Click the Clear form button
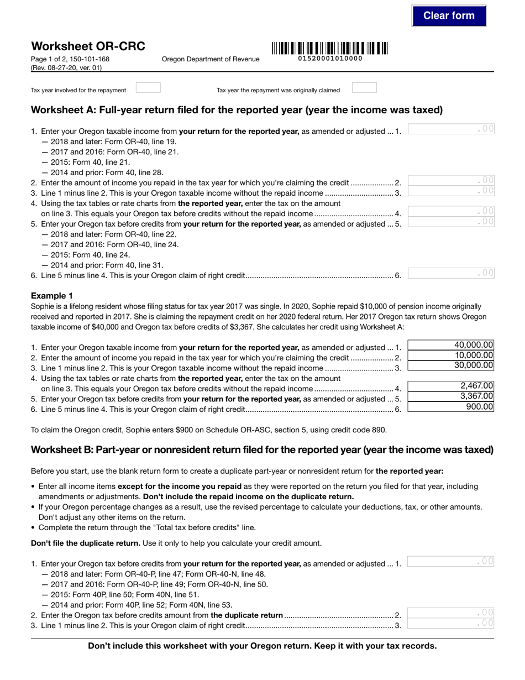(x=449, y=15)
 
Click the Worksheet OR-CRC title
(x=88, y=46)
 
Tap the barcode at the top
(x=329, y=48)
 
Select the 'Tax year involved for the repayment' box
(x=148, y=88)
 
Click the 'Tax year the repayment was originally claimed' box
(x=364, y=88)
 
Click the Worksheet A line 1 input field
(x=450, y=129)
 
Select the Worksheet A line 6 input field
(x=450, y=273)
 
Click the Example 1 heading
(x=52, y=296)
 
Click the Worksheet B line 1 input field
(x=450, y=562)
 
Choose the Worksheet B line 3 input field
(x=450, y=624)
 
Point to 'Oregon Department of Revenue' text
(x=211, y=59)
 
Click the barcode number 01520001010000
(x=330, y=59)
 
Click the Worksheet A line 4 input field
(x=450, y=211)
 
